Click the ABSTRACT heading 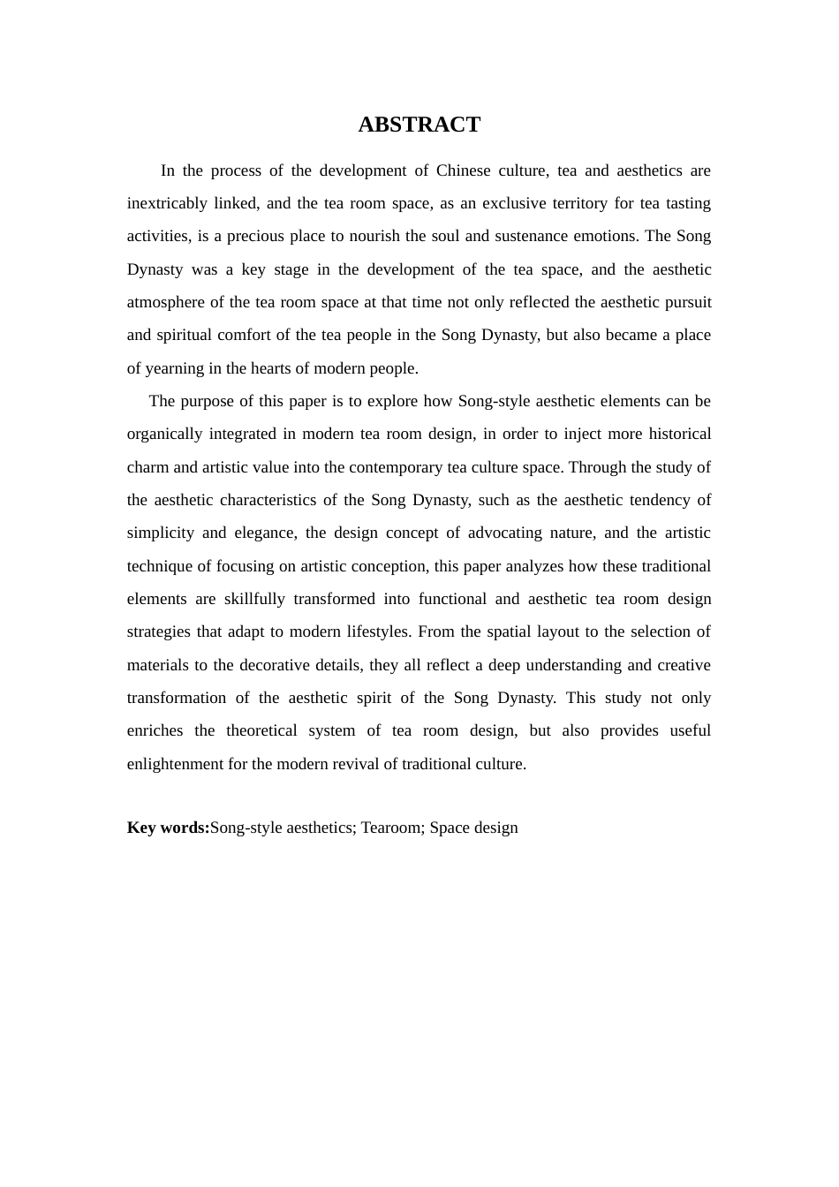click(x=419, y=125)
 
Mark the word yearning click(x=177, y=368)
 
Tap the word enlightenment click(x=175, y=764)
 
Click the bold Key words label click(x=168, y=828)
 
